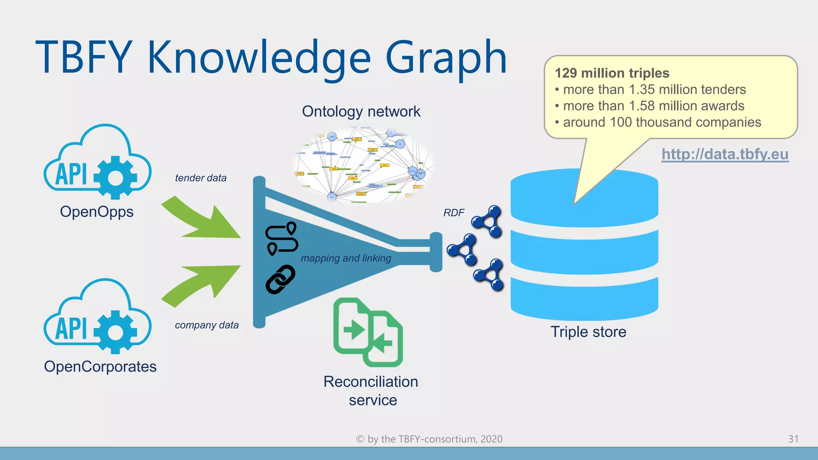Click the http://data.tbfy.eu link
click(725, 154)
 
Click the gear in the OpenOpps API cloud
click(116, 177)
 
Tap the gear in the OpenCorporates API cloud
click(116, 332)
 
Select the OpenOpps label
click(97, 212)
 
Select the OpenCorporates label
click(100, 367)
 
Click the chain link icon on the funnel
click(280, 280)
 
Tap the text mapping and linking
click(346, 258)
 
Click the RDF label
click(454, 213)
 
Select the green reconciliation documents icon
click(368, 333)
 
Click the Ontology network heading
click(361, 111)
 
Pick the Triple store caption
click(588, 332)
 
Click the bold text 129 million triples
click(612, 73)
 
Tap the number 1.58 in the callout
click(641, 106)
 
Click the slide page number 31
click(793, 439)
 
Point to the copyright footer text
click(429, 439)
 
